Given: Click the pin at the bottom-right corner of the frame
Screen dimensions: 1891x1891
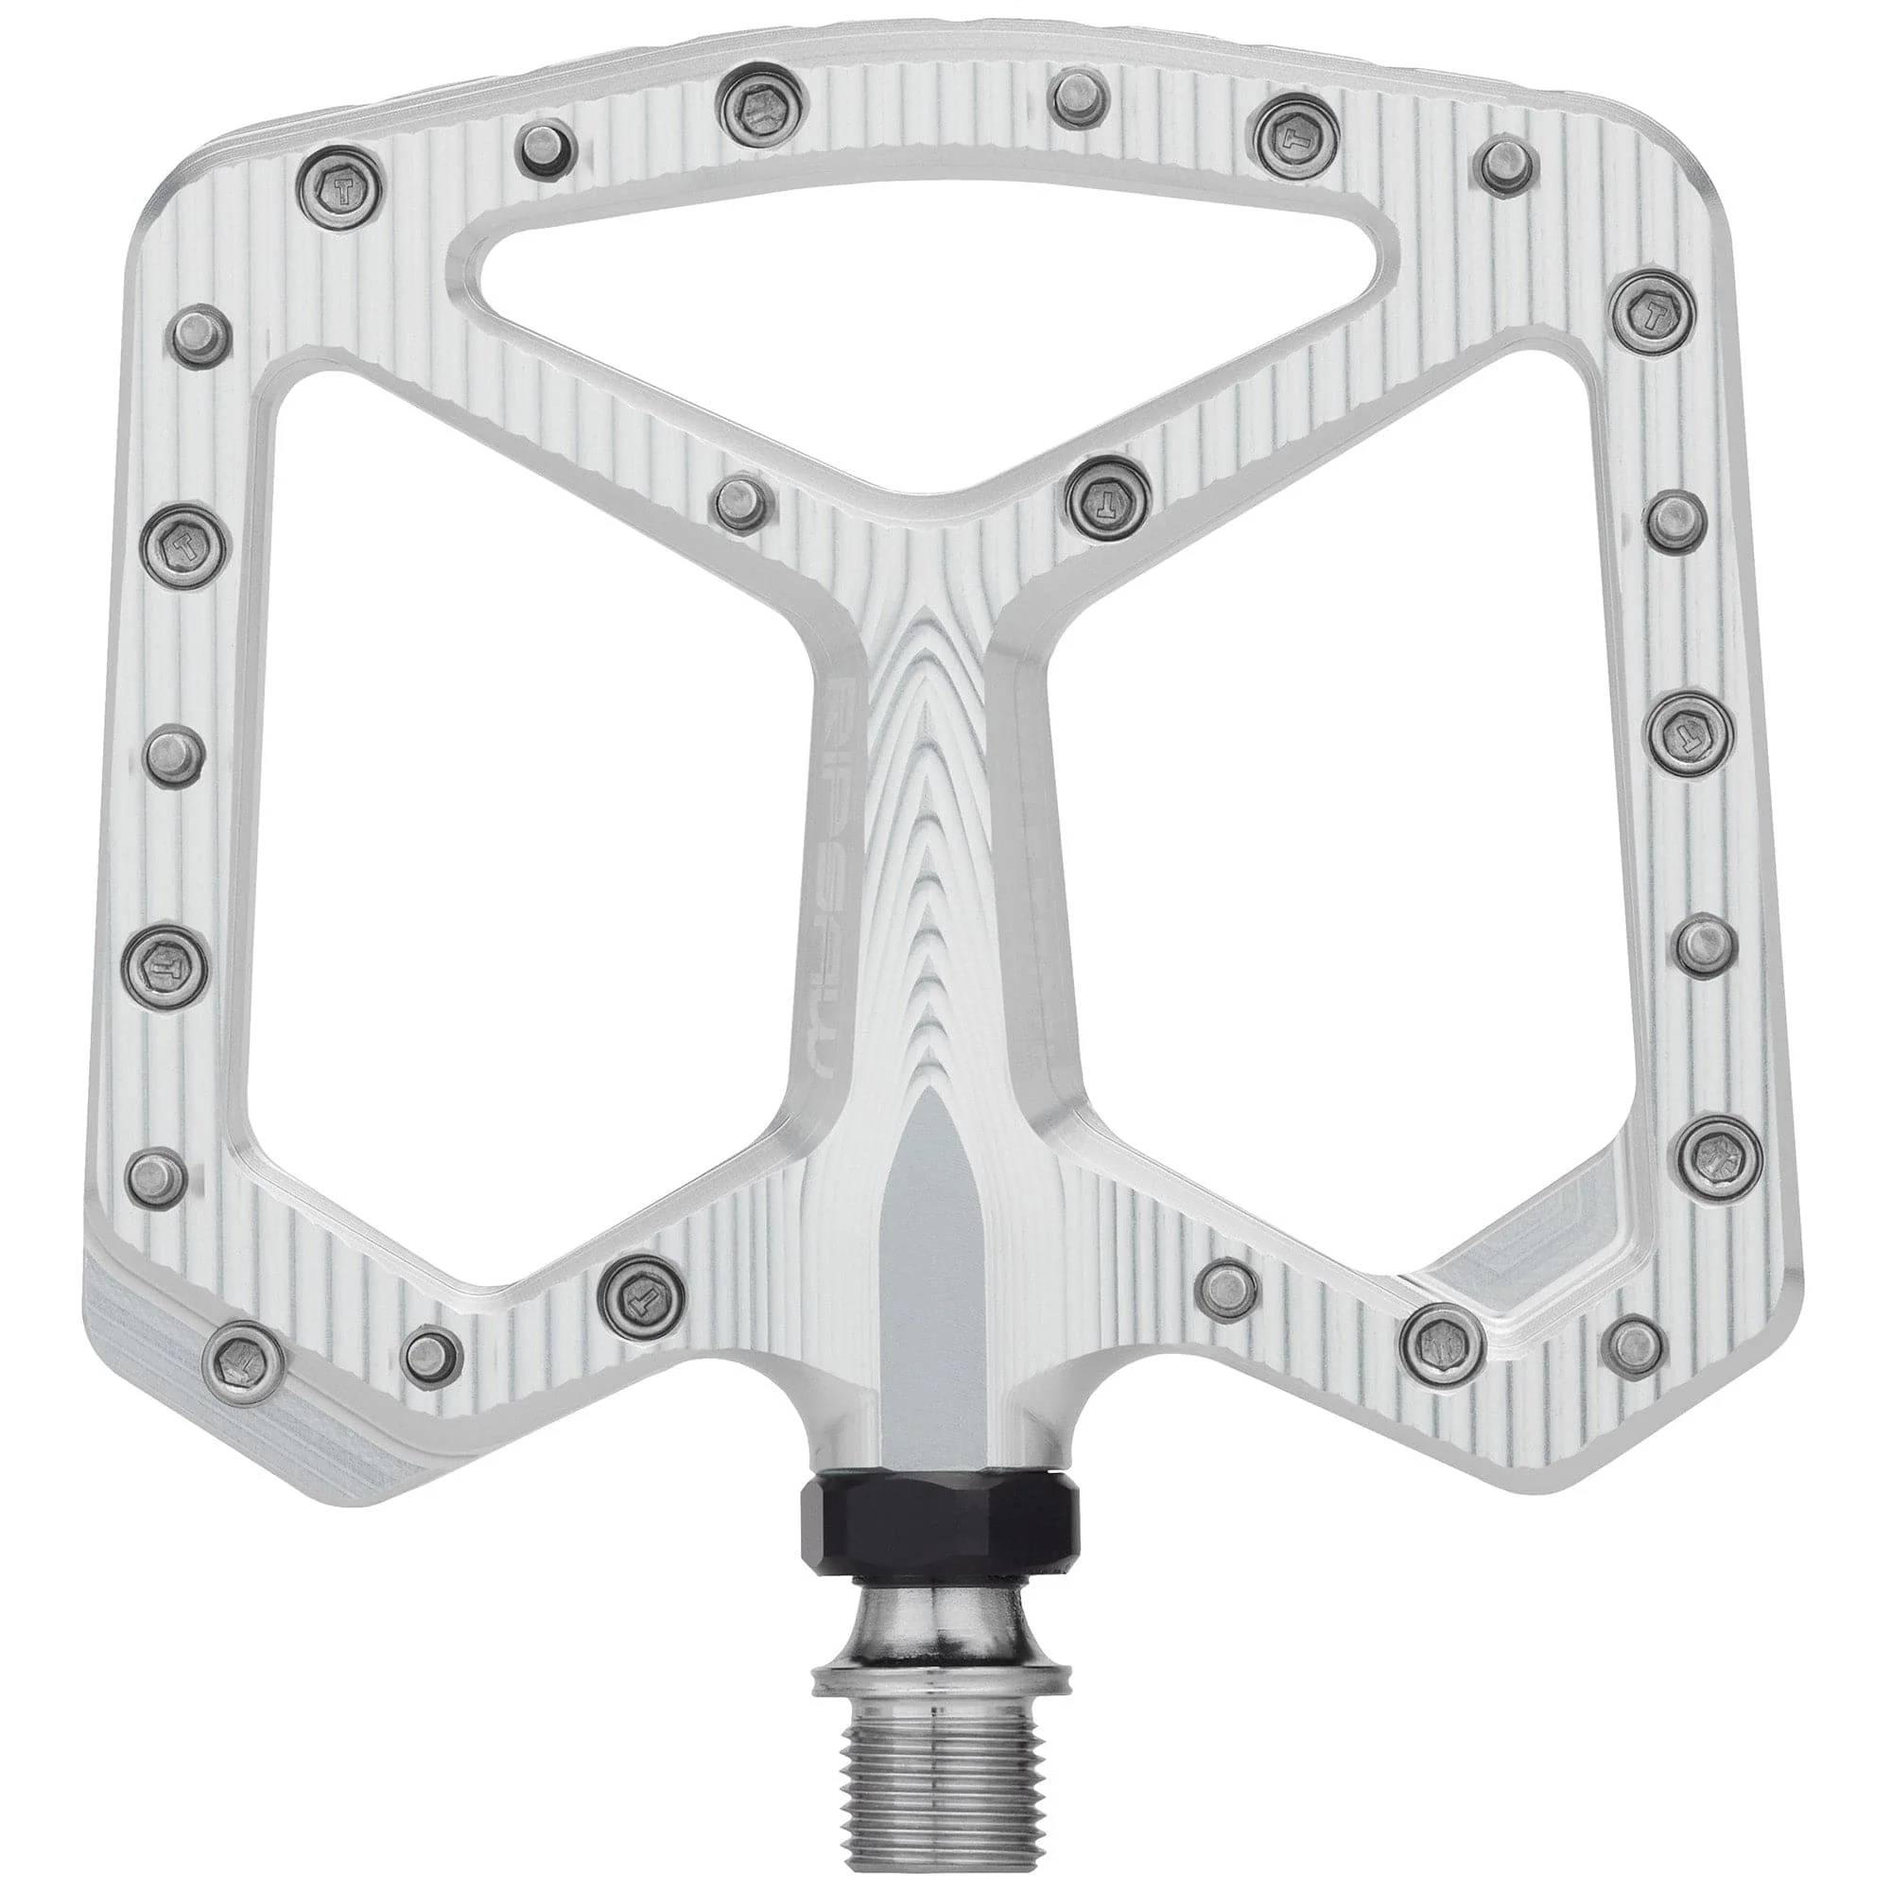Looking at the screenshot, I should (1639, 1339).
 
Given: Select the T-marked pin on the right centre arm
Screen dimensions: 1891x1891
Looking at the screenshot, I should (1108, 492).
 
